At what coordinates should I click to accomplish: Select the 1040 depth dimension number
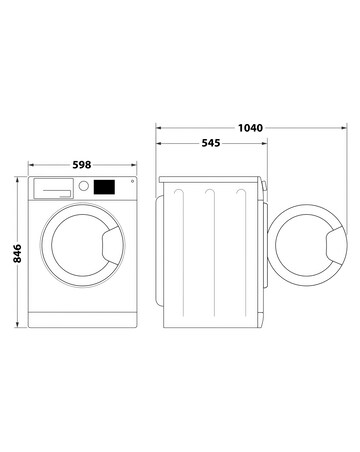(250, 129)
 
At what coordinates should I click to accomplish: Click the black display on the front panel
(104, 186)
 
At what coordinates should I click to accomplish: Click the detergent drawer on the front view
(54, 186)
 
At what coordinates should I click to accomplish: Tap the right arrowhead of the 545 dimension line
(266, 145)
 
